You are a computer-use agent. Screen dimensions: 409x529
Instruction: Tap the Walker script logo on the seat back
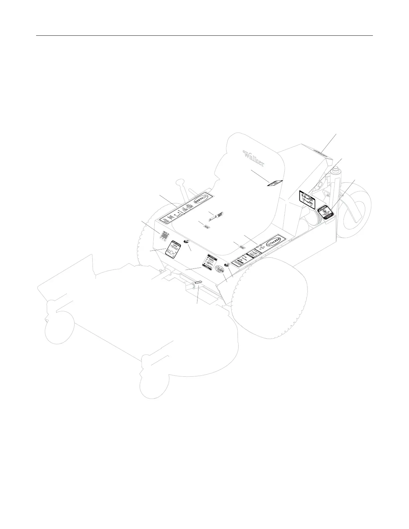(x=254, y=158)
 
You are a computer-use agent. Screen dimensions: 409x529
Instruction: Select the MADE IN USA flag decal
(x=164, y=235)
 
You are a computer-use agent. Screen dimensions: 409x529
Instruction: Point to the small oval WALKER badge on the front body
(x=220, y=269)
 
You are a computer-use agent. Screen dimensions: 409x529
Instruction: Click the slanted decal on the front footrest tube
(x=197, y=283)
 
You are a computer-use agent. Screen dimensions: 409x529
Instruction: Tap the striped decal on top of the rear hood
(x=321, y=153)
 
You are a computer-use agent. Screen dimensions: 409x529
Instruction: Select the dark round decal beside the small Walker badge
(x=227, y=263)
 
